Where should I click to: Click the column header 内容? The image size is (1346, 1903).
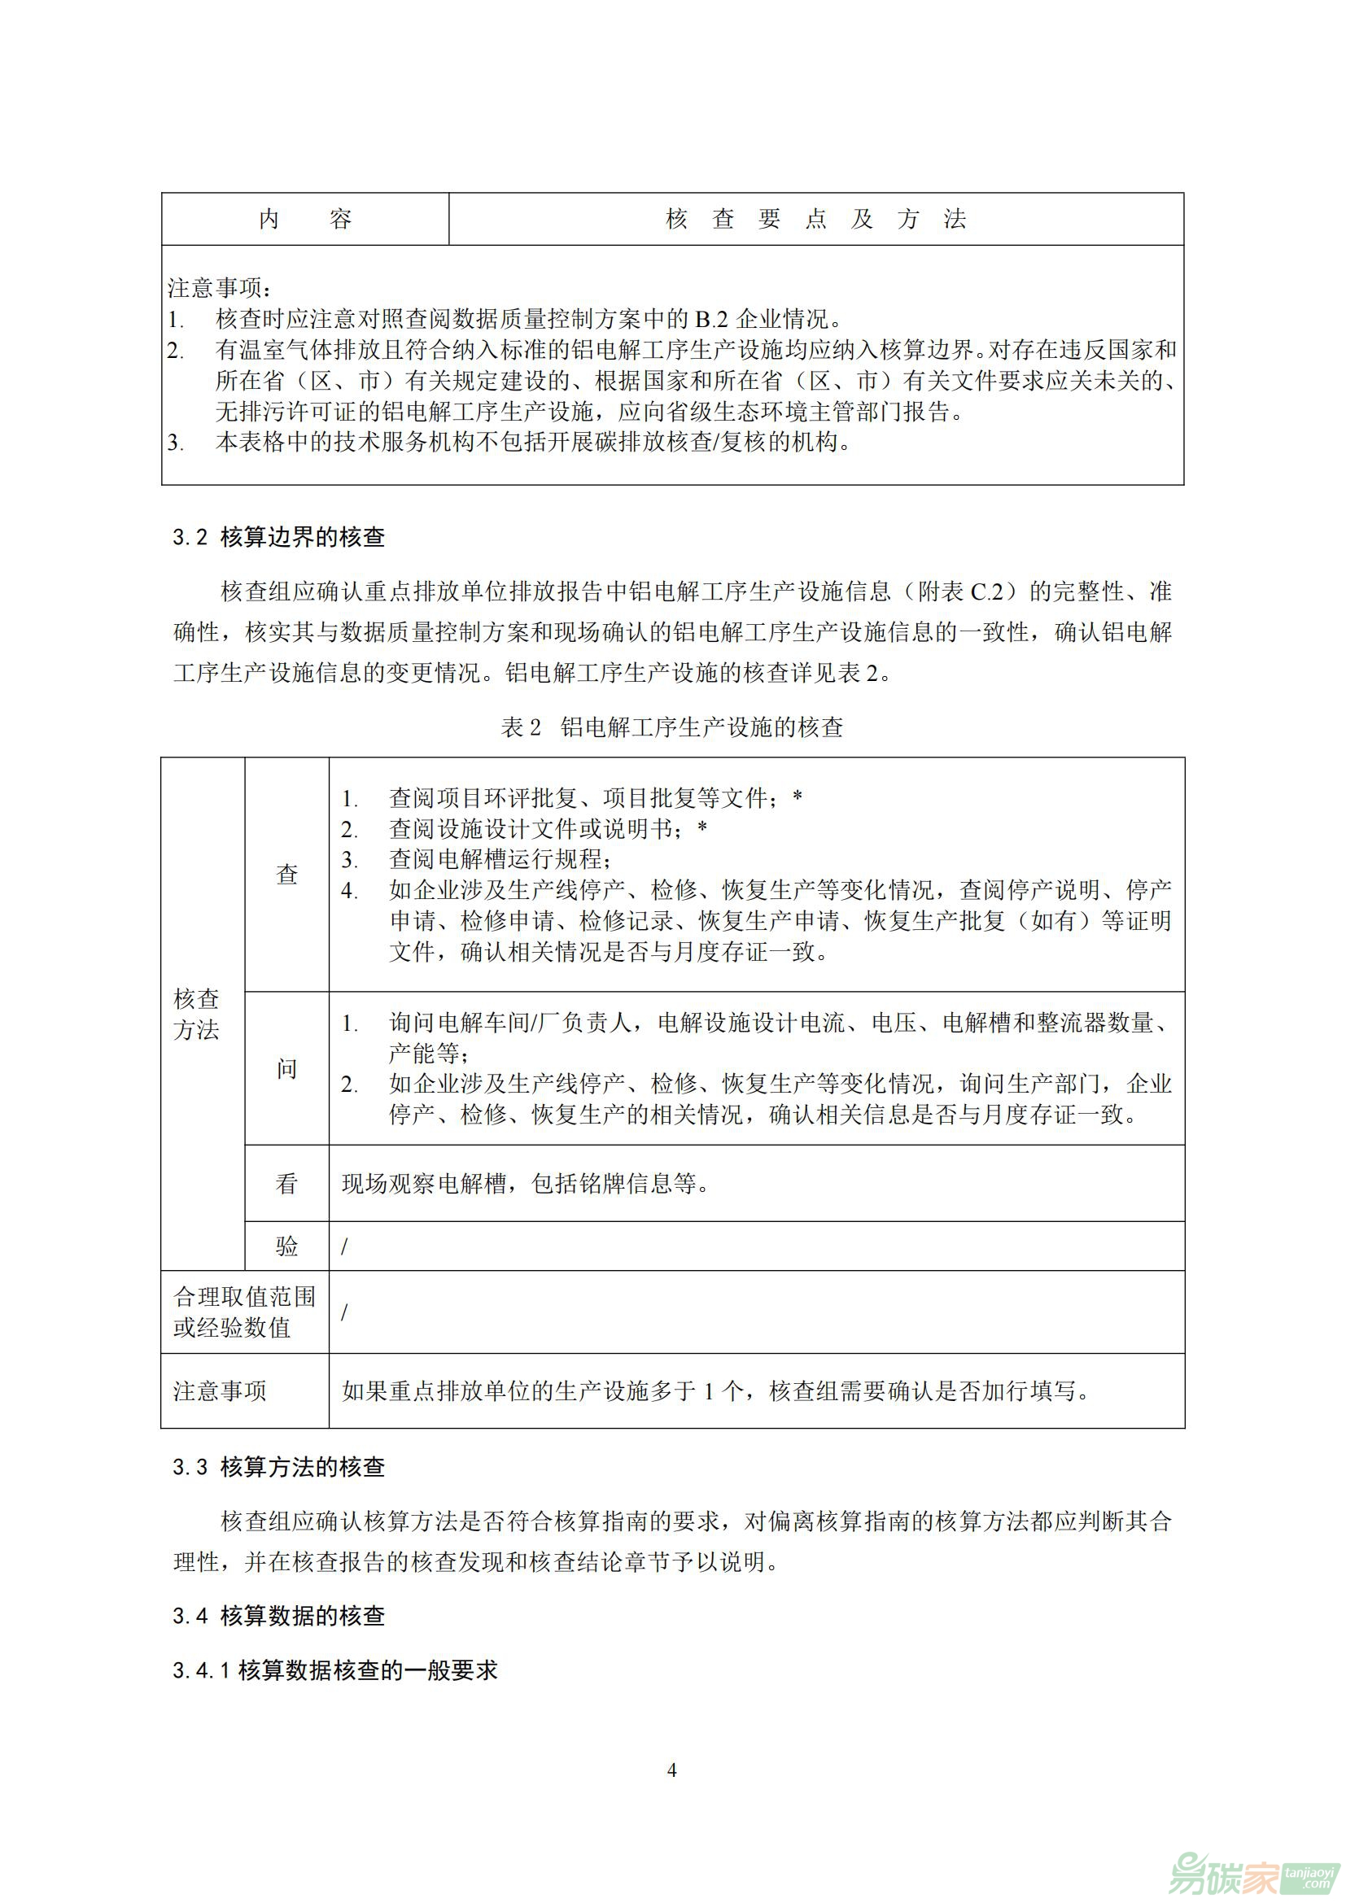click(x=305, y=219)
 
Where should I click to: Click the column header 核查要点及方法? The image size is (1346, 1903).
click(x=815, y=219)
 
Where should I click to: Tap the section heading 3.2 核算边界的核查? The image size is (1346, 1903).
click(x=278, y=537)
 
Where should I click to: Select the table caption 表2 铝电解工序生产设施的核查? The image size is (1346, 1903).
click(x=672, y=727)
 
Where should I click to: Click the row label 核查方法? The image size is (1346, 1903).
click(x=196, y=1014)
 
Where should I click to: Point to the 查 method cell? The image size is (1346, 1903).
click(x=286, y=874)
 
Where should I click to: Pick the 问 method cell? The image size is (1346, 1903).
click(x=286, y=1068)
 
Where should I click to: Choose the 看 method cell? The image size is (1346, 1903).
click(x=286, y=1183)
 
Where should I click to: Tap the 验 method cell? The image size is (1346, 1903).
click(x=286, y=1246)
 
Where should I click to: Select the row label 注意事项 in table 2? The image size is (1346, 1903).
click(x=220, y=1390)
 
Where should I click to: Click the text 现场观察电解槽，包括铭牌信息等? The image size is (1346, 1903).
click(x=526, y=1184)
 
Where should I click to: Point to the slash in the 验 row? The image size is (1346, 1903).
click(x=345, y=1246)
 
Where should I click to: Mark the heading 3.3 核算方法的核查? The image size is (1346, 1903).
click(x=278, y=1467)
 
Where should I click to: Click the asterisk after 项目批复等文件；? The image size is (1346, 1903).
click(x=798, y=797)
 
